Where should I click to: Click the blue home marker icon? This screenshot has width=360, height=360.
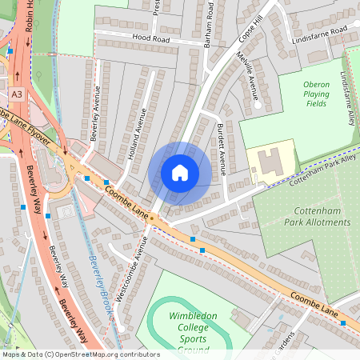180,173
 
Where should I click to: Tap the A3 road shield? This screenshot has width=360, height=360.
17,94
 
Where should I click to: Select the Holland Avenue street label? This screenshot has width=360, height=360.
137,134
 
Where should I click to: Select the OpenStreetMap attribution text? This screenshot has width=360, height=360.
80,354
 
